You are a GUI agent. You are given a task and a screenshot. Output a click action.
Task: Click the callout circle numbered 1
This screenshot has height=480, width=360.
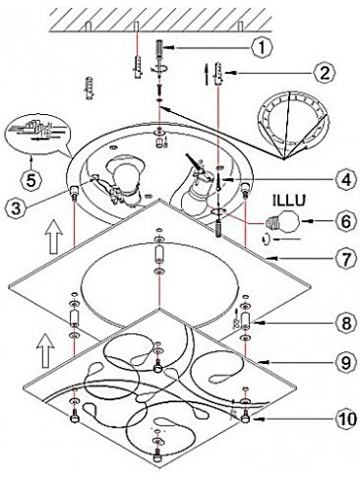click(x=262, y=48)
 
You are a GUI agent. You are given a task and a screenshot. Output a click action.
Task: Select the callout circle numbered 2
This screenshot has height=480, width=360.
click(x=324, y=73)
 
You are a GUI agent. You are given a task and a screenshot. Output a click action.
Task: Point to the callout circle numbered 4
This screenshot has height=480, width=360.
click(x=345, y=180)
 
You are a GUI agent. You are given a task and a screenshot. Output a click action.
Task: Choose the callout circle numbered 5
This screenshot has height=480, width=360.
click(x=30, y=181)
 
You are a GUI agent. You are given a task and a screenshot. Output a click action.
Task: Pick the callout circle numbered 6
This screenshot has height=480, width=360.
click(x=345, y=221)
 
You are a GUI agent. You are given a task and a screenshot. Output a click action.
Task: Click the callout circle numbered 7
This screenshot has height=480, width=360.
click(x=345, y=260)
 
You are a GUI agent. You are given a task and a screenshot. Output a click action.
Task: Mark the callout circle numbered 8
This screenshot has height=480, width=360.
click(x=345, y=323)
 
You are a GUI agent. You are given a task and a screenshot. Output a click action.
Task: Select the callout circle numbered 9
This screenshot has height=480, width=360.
click(x=345, y=362)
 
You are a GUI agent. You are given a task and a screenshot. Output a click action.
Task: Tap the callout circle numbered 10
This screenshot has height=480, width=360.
click(x=345, y=419)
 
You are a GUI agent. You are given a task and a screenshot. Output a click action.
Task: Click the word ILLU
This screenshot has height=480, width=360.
click(x=289, y=201)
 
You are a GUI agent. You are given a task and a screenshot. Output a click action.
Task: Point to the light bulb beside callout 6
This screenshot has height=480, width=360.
click(x=283, y=222)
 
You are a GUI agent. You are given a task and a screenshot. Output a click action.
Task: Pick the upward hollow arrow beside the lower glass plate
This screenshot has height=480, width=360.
click(x=44, y=351)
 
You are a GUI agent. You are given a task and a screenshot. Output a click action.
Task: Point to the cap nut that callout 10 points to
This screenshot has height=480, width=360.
click(x=245, y=418)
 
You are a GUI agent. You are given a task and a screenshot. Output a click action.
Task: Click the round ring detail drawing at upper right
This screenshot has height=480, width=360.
click(x=292, y=124)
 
